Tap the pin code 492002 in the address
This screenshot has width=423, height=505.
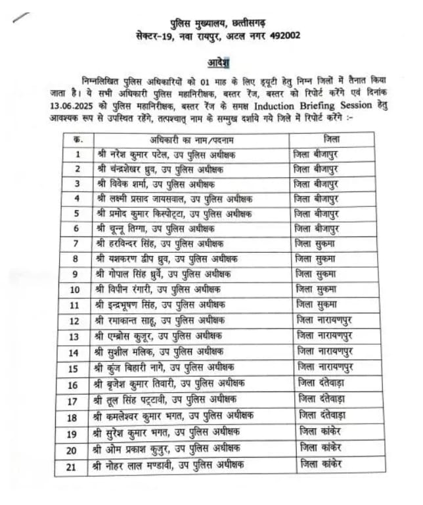click(283, 35)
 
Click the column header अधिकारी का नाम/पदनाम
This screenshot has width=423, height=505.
click(192, 139)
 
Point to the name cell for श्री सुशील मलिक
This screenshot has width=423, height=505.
click(166, 351)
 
